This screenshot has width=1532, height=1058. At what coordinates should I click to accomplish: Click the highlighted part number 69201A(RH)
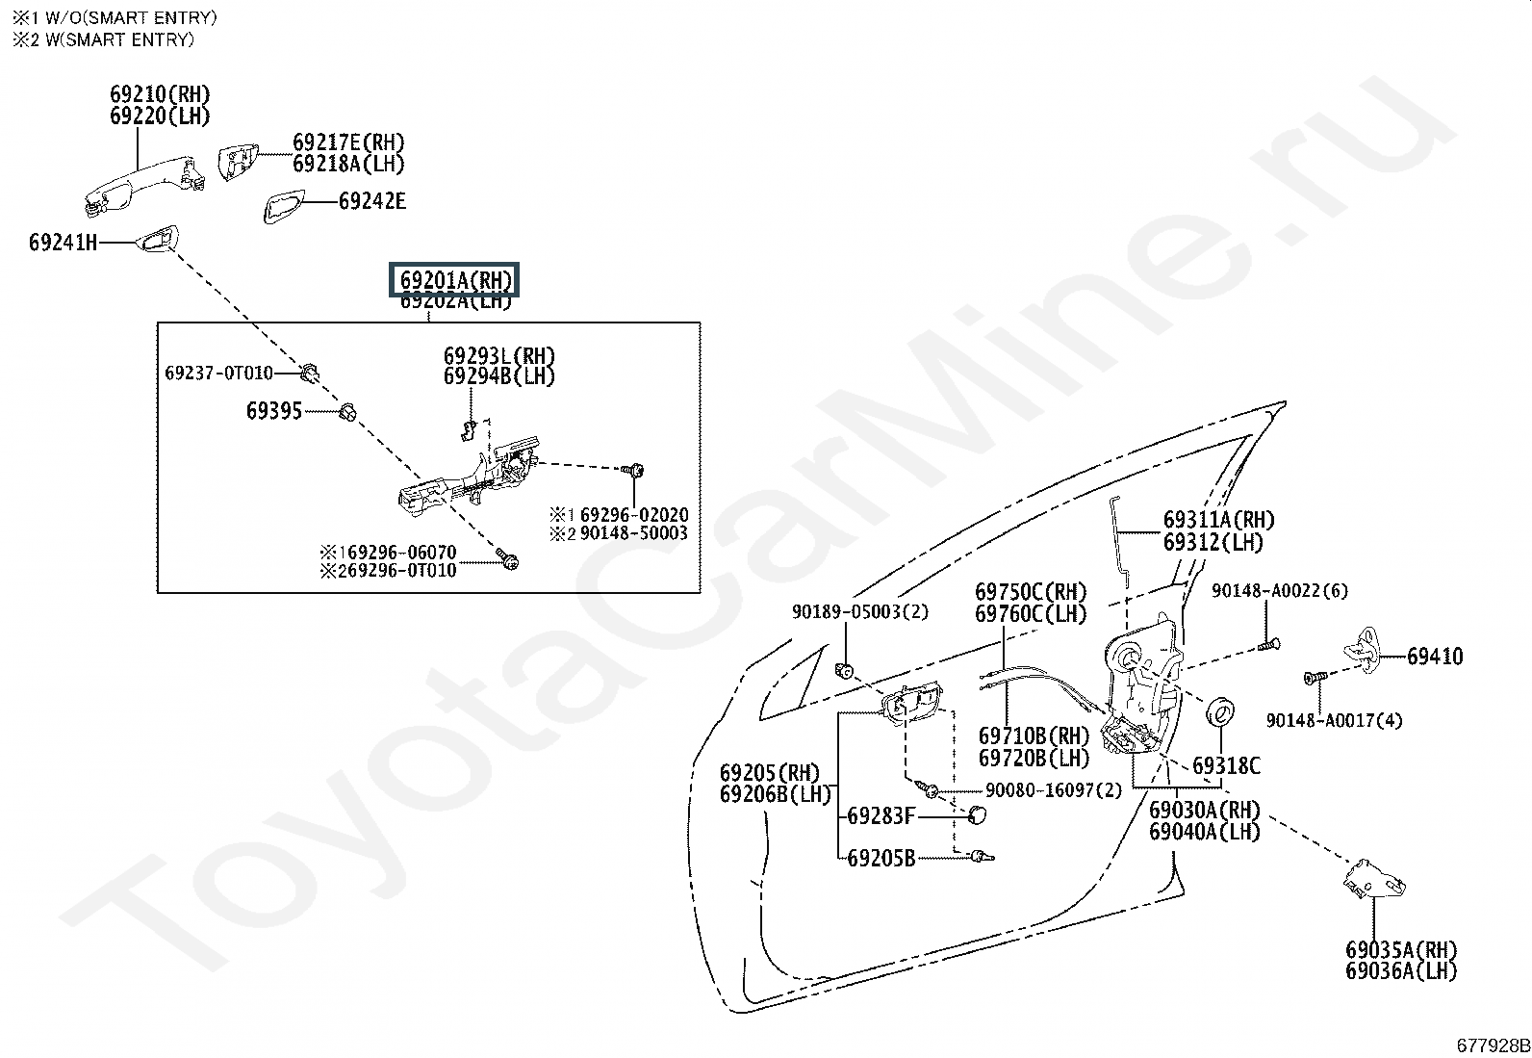[x=453, y=281]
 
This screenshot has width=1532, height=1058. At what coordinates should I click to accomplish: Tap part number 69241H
[x=63, y=243]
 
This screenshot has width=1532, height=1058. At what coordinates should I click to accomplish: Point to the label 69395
[x=274, y=411]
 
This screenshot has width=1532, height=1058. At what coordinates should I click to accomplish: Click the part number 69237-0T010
[x=218, y=374]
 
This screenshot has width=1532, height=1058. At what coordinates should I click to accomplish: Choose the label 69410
[x=1434, y=657]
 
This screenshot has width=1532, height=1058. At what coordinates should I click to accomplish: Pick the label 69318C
[x=1225, y=766]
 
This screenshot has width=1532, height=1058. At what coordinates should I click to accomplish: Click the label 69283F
[x=881, y=816]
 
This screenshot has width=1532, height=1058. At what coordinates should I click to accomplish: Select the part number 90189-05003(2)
[x=860, y=612]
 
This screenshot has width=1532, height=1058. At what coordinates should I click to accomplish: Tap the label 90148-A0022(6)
[x=1279, y=591]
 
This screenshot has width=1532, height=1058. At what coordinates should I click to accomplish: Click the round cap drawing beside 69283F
[x=978, y=816]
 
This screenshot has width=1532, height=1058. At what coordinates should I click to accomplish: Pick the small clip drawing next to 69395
[x=347, y=412]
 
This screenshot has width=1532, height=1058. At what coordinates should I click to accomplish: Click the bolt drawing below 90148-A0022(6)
[x=1270, y=645]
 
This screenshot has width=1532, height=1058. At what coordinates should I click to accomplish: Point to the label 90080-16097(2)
[x=1054, y=790]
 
